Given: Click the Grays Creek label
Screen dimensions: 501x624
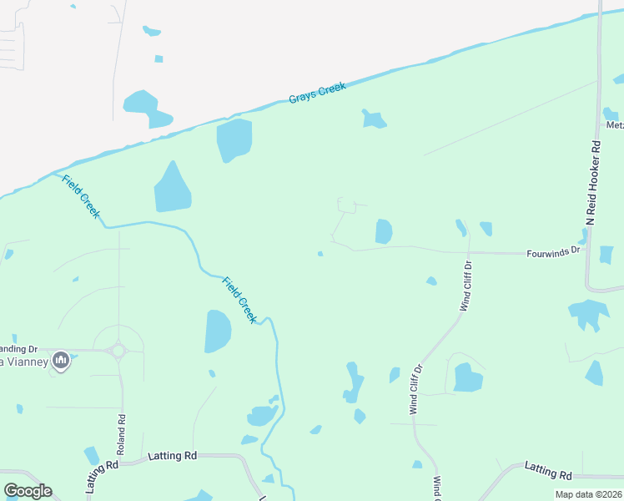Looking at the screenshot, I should [317, 93].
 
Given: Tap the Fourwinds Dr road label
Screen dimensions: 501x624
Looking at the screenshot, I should [552, 250].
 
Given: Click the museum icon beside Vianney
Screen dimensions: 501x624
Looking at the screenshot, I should [60, 361].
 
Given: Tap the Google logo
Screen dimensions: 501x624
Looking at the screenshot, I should [28, 491].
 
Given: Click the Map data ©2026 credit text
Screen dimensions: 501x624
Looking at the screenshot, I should [587, 494].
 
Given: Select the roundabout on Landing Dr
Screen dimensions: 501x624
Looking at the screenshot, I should [118, 351].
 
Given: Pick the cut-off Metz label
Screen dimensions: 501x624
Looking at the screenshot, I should [615, 125].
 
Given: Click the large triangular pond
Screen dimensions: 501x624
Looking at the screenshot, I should [172, 190].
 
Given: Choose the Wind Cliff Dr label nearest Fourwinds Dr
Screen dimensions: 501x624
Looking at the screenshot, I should [466, 286].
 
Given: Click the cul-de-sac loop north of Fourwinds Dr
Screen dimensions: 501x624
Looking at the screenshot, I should [347, 205].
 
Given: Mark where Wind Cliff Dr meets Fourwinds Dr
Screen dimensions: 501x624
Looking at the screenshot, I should [468, 251].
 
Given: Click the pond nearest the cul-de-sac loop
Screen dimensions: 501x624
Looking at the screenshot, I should [384, 230].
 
